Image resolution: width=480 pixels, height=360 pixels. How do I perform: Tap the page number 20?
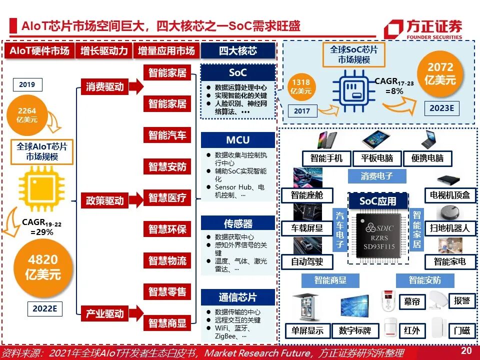point(466,351)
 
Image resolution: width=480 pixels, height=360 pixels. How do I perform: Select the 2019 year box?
point(27,84)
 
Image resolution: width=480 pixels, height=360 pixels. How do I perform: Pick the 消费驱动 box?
point(104,86)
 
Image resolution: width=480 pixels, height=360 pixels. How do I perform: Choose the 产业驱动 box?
point(104,313)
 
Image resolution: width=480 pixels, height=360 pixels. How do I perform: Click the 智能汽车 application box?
point(167,135)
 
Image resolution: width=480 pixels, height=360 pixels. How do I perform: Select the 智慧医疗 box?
point(167,198)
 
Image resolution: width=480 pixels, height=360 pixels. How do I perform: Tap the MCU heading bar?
point(238,140)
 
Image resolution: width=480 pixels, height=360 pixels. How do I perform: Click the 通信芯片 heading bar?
point(238,297)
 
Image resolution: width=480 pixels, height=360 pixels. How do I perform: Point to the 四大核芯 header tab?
point(238,50)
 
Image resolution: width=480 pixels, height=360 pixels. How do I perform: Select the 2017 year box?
point(302,111)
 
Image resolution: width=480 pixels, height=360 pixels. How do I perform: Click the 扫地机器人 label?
point(450,228)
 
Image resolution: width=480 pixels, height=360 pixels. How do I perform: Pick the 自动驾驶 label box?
point(307,261)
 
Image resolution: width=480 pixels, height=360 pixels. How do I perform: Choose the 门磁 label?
point(461,330)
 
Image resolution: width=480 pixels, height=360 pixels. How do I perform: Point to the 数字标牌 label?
point(355,330)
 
